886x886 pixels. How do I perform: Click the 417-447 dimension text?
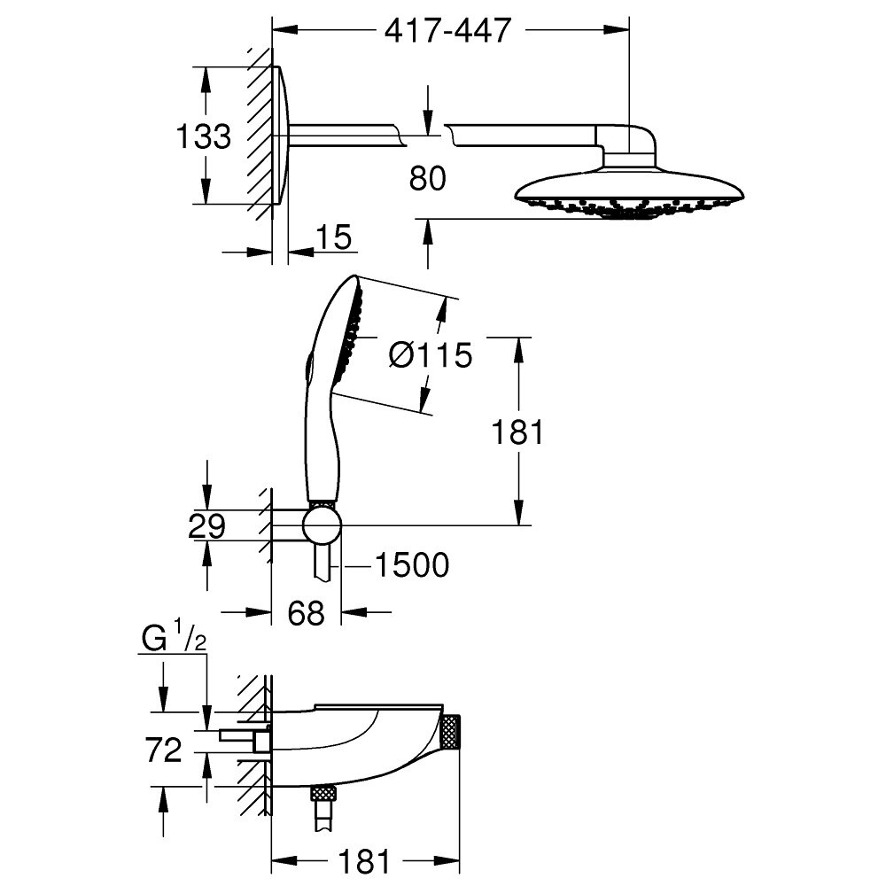coord(448,30)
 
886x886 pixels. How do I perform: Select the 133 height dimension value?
coord(203,137)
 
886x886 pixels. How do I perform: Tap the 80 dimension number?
coord(428,178)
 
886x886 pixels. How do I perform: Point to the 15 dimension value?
coord(333,237)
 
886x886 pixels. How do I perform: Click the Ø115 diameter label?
coord(431,355)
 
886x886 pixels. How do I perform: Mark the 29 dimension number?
coord(206,528)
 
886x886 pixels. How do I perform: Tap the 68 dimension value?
coord(306,613)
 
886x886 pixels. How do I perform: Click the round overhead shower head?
coord(629,190)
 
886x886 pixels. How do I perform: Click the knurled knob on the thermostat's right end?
coord(452,732)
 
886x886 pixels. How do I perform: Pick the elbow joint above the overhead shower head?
coord(629,142)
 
